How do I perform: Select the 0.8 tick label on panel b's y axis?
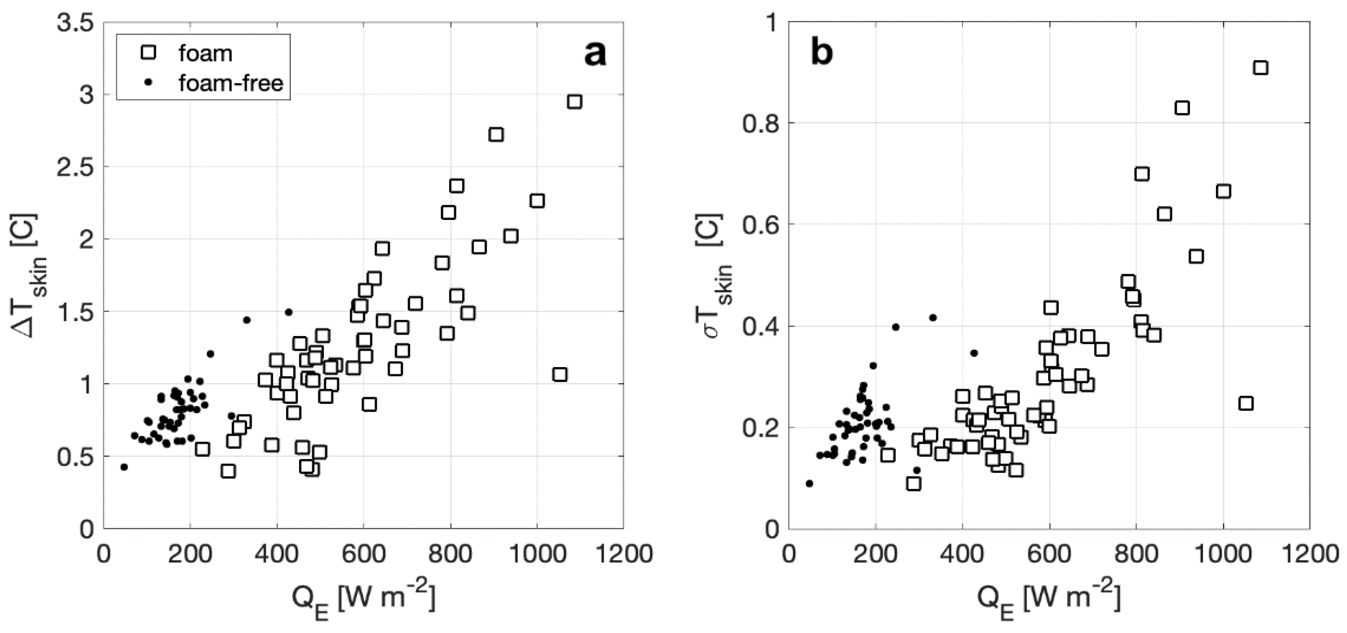(757, 123)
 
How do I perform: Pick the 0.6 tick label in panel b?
(757, 225)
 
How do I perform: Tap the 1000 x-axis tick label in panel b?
(1223, 553)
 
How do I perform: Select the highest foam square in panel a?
(574, 101)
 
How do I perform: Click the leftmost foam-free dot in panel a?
(124, 467)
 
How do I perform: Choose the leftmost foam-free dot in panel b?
(810, 483)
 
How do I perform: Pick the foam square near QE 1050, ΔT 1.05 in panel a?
(559, 375)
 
